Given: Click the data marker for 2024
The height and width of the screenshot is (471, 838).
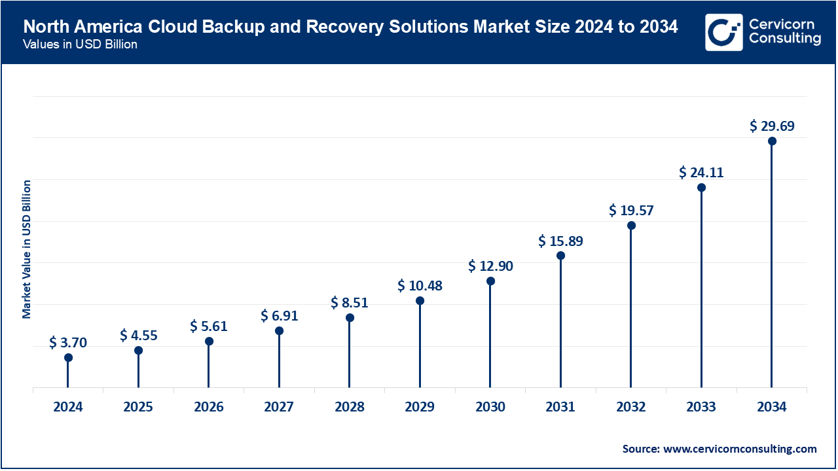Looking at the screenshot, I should point(68,357).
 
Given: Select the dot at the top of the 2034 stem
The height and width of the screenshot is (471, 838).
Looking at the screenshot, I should point(772,141).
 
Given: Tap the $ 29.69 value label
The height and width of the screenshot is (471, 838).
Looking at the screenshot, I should point(772,126).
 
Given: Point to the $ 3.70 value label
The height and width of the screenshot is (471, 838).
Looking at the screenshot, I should point(68,342).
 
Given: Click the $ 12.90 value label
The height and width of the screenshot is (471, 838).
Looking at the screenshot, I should point(490,266).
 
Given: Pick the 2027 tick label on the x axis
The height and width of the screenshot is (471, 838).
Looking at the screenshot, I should point(279,407).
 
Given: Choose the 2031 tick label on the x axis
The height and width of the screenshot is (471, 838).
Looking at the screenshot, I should point(560,407).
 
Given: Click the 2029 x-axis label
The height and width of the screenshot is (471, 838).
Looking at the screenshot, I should point(420,407).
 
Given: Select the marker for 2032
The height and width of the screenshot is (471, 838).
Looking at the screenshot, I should point(631,226).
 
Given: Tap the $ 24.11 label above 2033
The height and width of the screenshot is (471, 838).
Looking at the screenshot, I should point(701,172).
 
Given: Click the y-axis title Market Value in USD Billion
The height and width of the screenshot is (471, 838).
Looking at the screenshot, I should point(27,249).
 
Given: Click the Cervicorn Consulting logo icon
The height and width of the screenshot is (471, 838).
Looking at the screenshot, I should point(723,32).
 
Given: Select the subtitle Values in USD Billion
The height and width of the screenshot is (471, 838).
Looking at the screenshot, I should point(80,44).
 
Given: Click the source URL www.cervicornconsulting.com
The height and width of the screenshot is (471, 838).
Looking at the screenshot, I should point(740,449).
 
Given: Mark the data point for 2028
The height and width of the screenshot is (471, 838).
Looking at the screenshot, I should point(350,318).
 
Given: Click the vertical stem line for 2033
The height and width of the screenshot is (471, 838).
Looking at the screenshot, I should point(701,288).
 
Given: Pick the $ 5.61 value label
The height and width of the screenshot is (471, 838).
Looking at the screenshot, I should point(209,326).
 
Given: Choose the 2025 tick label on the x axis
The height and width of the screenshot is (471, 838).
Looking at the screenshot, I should point(138,407).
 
